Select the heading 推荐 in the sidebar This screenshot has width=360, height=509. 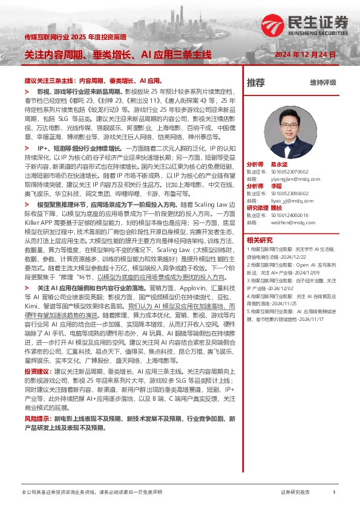pyautogui.click(x=256, y=82)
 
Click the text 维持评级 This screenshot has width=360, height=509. pyautogui.click(x=322, y=82)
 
